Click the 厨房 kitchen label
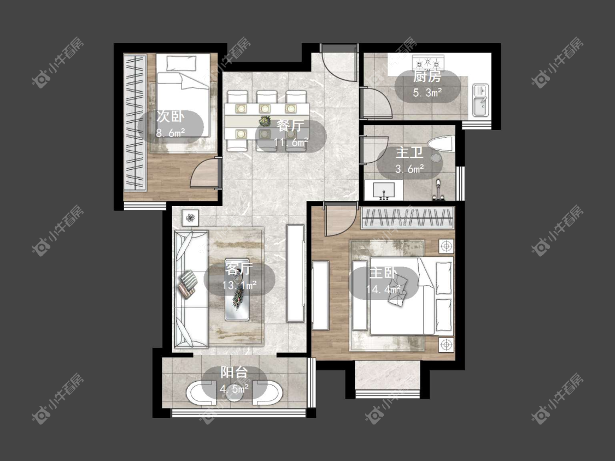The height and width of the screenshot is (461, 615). click(427, 76)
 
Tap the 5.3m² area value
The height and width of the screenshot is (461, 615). click(427, 93)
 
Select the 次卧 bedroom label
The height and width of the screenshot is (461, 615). click(170, 116)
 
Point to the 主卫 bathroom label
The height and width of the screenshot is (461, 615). click(409, 152)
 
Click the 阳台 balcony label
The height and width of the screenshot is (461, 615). click(234, 372)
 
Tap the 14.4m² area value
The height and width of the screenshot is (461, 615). click(383, 289)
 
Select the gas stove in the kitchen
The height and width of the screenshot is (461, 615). click(428, 62)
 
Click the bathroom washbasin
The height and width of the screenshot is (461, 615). click(384, 190)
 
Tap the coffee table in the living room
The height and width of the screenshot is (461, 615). click(237, 289)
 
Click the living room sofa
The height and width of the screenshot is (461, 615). click(191, 289)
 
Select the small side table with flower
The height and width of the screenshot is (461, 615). click(191, 217)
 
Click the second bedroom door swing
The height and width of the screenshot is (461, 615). click(204, 174)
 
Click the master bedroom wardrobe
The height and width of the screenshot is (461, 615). click(407, 217)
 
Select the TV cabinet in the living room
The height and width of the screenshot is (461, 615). click(295, 273)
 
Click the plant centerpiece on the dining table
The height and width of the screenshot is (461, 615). click(266, 120)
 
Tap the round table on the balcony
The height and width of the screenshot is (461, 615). click(234, 390)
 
